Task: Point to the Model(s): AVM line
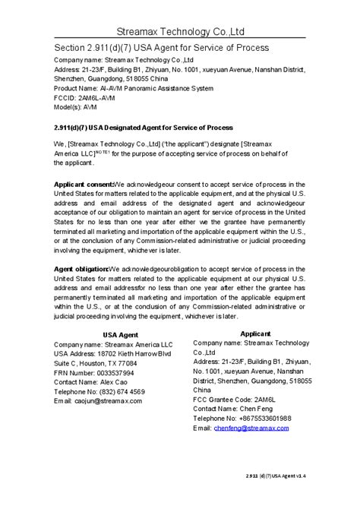pyautogui.click(x=80, y=107)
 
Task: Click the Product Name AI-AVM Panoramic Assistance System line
pyautogui.click(x=133, y=88)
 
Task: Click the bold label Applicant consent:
pyautogui.click(x=82, y=185)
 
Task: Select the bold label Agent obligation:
pyautogui.click(x=81, y=269)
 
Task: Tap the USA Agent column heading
pyautogui.click(x=103, y=334)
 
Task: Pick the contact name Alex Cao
pyautogui.click(x=109, y=382)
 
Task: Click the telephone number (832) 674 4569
pyautogui.click(x=121, y=392)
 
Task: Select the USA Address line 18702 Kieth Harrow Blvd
pyautogui.click(x=112, y=354)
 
